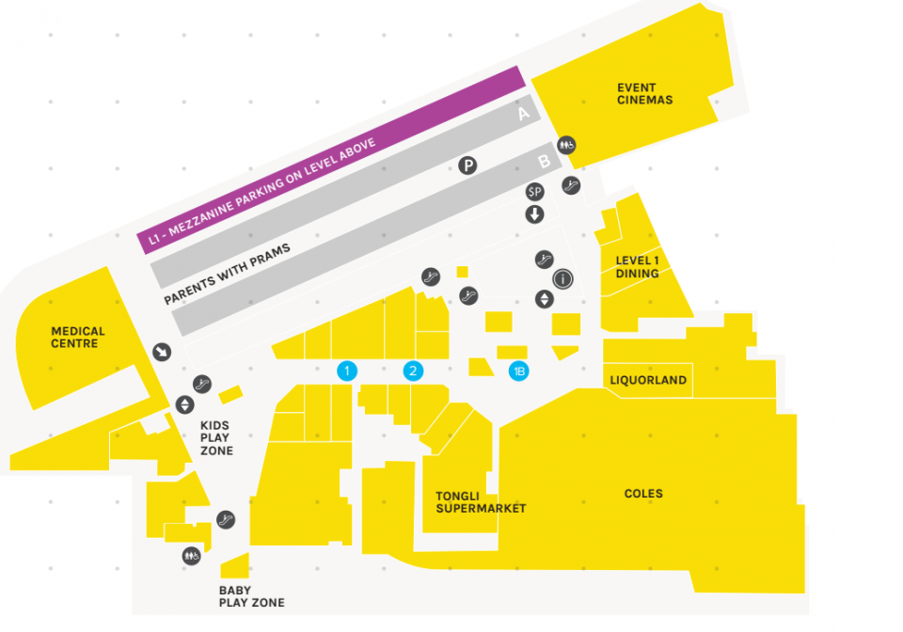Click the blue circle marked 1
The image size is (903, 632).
pos(347,371)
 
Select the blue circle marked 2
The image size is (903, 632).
pos(412,371)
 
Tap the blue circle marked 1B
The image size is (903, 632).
pos(518,371)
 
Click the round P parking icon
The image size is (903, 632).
pos(467,166)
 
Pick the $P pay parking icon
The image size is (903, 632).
pos(534,192)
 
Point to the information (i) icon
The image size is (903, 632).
pos(562,279)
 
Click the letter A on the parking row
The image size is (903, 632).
pos(524,115)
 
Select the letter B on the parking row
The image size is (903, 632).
pos(544,162)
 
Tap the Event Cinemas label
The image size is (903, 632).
pos(644,94)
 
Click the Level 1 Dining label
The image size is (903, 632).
pos(638,267)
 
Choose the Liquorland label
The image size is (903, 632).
pos(648,380)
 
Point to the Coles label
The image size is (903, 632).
pos(643,494)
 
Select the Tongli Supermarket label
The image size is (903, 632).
pos(481,502)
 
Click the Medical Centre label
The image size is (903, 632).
pos(78,338)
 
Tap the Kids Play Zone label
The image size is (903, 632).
pos(216,438)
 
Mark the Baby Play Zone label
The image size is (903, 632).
pos(251,597)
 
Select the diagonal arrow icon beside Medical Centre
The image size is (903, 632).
pos(163,352)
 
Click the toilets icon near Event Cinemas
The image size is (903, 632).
pos(566,145)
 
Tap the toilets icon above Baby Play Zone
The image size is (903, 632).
pos(192,556)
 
